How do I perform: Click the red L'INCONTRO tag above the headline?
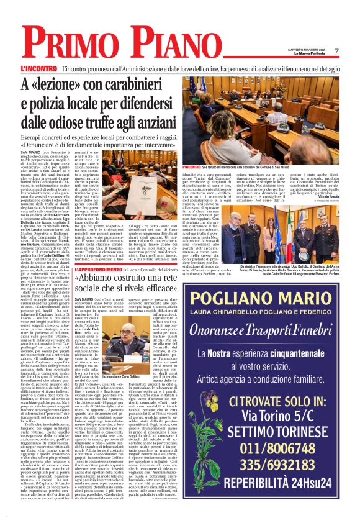click(x=38, y=68)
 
